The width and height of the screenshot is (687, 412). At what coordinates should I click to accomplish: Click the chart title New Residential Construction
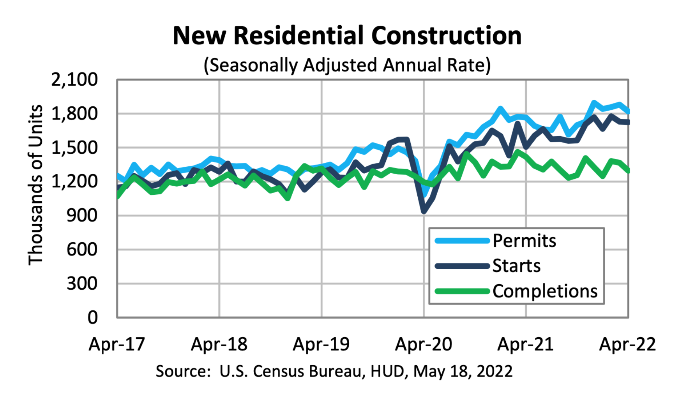coord(347,36)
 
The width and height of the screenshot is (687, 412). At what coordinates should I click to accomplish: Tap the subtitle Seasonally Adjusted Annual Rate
coord(347,65)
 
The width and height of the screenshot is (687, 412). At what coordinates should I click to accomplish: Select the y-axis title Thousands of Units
coord(35,185)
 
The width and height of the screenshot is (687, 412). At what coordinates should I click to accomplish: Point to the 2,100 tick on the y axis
coord(74,79)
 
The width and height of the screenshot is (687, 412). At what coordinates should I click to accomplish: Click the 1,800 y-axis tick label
coord(74,114)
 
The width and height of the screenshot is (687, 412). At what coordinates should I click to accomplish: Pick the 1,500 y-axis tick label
coord(74,148)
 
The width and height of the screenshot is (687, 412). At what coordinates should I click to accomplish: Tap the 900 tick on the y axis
coord(82,215)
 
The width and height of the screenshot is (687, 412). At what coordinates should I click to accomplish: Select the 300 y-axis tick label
coord(82,283)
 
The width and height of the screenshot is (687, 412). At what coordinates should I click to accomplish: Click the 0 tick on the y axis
coord(92,317)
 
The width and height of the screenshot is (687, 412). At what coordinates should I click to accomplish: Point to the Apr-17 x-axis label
coord(117,344)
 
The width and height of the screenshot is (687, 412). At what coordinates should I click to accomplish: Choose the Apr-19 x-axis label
coord(321,344)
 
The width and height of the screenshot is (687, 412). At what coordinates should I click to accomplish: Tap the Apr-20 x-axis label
coord(424,344)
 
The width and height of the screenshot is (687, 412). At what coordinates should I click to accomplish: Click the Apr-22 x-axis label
coord(627,344)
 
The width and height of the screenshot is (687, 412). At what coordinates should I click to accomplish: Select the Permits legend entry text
coord(524,241)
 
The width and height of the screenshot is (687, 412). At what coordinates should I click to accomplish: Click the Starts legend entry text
coord(516,266)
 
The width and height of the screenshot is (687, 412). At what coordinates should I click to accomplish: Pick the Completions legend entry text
coord(545,291)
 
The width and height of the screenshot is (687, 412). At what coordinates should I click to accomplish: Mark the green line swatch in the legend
coord(462,291)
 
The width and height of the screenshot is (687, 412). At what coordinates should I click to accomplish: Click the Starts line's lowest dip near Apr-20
coord(424,211)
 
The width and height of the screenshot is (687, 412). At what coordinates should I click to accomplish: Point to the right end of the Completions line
coord(628,170)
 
